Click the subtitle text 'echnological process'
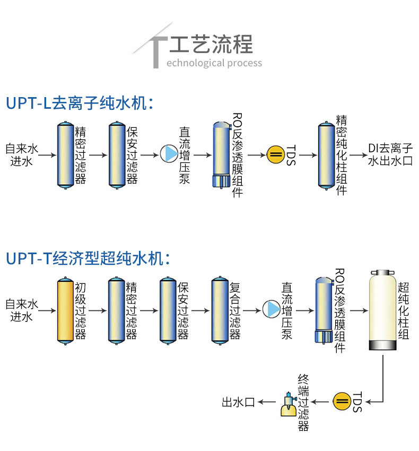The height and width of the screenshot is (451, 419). click(214, 63)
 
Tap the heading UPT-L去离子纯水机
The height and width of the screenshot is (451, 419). click(80, 102)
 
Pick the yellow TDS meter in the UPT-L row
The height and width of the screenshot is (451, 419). click(275, 154)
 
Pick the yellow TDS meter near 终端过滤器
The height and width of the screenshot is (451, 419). click(342, 401)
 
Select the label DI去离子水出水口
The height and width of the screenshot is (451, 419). click(390, 154)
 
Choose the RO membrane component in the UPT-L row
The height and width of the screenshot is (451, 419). click(221, 154)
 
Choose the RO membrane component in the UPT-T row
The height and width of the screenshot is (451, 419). click(323, 310)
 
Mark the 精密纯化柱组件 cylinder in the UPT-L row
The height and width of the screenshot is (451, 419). click(326, 154)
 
